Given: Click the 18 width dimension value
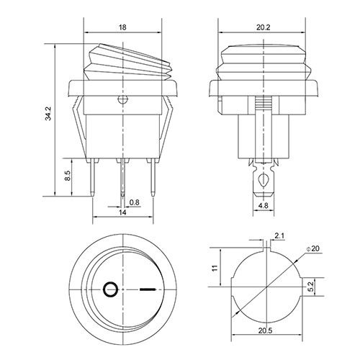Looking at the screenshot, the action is pyautogui.click(x=122, y=27).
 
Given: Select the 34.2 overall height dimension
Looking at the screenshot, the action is pyautogui.click(x=48, y=114).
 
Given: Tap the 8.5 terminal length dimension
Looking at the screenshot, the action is pyautogui.click(x=68, y=176).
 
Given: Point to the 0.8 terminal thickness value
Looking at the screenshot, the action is pyautogui.click(x=134, y=202).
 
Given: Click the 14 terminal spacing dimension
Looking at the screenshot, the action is pyautogui.click(x=122, y=212).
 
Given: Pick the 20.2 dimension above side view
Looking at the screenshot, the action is pyautogui.click(x=263, y=27).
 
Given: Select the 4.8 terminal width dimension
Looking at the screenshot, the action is pyautogui.click(x=264, y=205).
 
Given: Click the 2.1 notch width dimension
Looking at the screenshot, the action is pyautogui.click(x=279, y=236).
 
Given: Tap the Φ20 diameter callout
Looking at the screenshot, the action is pyautogui.click(x=313, y=248).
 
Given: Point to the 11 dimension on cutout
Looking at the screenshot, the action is pyautogui.click(x=215, y=268).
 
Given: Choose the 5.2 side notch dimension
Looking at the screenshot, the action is pyautogui.click(x=310, y=287).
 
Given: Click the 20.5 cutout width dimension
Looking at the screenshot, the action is pyautogui.click(x=266, y=330).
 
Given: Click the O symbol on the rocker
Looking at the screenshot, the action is pyautogui.click(x=110, y=289).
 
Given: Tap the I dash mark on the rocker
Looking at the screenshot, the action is pyautogui.click(x=148, y=289).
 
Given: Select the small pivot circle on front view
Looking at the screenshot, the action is pyautogui.click(x=122, y=99).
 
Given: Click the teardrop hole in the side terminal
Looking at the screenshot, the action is pyautogui.click(x=264, y=179).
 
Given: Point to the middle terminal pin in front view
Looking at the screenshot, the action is pyautogui.click(x=122, y=178).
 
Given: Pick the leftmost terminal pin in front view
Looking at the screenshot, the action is pyautogui.click(x=93, y=177).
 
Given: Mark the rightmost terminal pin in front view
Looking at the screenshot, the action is pyautogui.click(x=153, y=177).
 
